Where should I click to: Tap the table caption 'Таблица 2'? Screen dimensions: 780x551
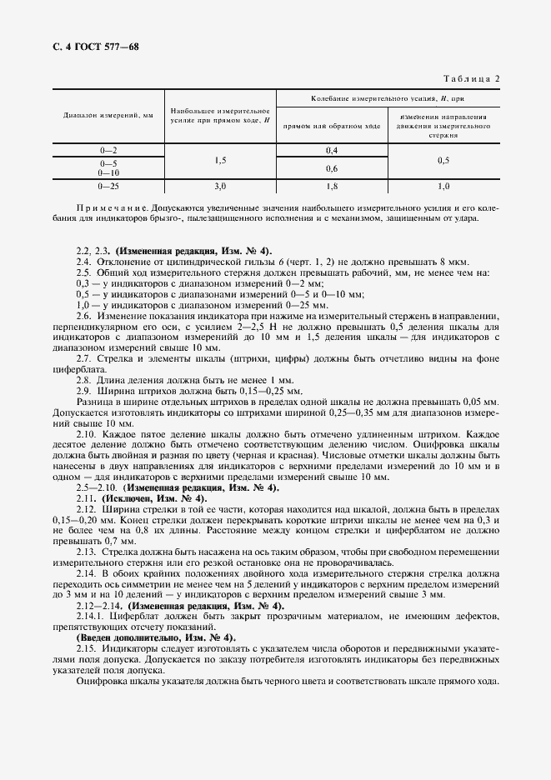[472, 79]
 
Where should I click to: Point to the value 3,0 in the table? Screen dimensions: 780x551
[220, 187]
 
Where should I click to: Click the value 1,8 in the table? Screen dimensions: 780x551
[332, 187]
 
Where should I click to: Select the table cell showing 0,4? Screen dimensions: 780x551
[332, 150]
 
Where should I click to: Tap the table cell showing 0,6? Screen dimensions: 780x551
[332, 168]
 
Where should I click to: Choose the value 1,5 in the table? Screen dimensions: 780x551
[220, 159]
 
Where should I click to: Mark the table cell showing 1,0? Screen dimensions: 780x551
[443, 187]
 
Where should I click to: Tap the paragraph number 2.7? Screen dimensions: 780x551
[83, 359]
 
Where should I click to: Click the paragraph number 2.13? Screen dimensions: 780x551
[86, 551]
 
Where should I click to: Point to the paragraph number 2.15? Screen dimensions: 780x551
[86, 647]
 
